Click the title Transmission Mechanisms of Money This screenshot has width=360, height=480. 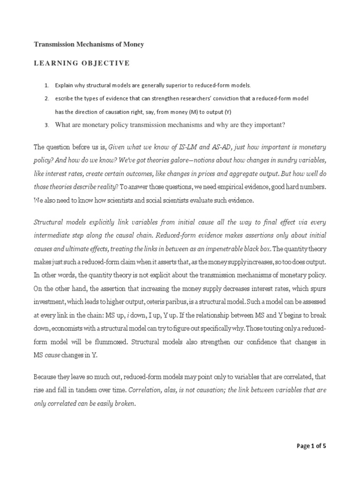(x=89, y=45)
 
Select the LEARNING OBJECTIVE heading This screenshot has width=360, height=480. (x=82, y=63)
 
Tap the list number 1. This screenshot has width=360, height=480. (x=46, y=85)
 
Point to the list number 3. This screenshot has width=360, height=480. (x=46, y=125)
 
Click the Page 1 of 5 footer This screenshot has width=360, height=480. (x=311, y=446)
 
